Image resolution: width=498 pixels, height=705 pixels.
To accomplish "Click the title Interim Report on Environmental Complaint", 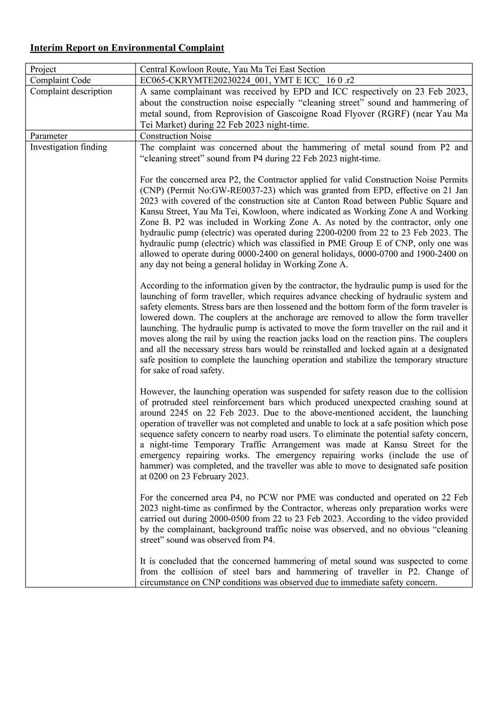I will [x=127, y=48].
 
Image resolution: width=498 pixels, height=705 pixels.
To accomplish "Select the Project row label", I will [x=43, y=69].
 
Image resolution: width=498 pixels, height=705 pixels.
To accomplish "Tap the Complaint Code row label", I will [x=60, y=80].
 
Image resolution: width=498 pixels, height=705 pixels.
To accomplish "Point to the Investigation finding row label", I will [x=68, y=147].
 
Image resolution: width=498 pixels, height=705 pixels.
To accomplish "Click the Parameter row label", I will [x=49, y=136].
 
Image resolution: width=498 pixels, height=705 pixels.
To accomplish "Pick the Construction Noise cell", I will [x=176, y=136].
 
